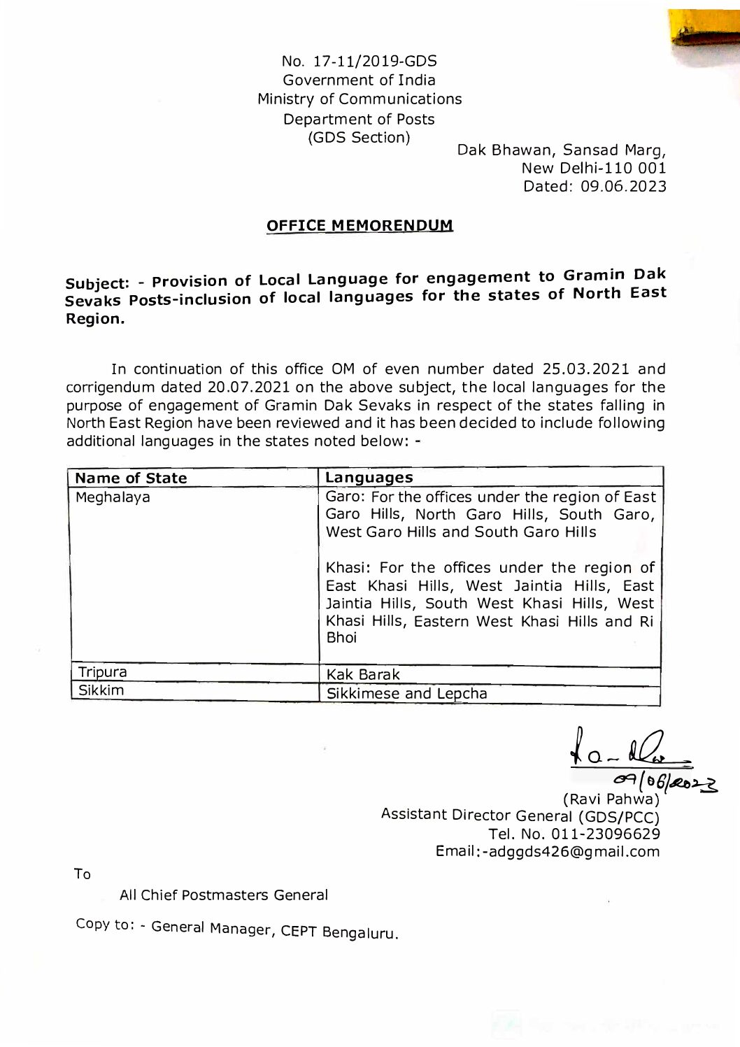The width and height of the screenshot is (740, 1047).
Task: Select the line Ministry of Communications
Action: [360, 99]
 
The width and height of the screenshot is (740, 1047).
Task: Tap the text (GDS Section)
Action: [359, 137]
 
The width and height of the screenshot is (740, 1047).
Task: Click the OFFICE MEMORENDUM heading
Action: [360, 226]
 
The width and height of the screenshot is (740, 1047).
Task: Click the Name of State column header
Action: [131, 478]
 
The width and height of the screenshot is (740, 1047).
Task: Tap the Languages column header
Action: [369, 478]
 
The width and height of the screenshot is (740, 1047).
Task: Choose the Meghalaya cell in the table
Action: [113, 498]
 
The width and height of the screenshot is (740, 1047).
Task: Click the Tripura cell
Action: [102, 673]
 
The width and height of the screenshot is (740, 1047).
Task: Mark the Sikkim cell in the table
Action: [101, 691]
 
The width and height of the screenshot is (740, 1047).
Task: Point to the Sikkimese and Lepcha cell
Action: [407, 694]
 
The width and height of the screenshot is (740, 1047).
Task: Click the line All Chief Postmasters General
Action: [224, 895]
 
